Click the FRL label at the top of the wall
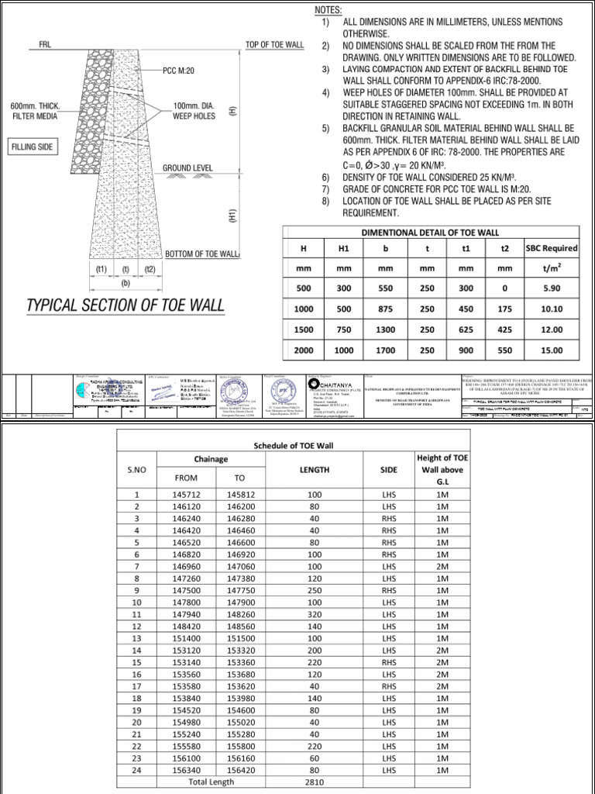pos(45,45)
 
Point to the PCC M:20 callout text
pos(181,71)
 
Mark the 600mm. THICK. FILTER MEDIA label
pos(36,111)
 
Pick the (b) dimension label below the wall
pos(125,283)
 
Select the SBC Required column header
pos(551,248)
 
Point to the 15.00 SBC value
pos(551,350)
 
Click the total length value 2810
pos(314,783)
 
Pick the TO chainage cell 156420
pos(239,770)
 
